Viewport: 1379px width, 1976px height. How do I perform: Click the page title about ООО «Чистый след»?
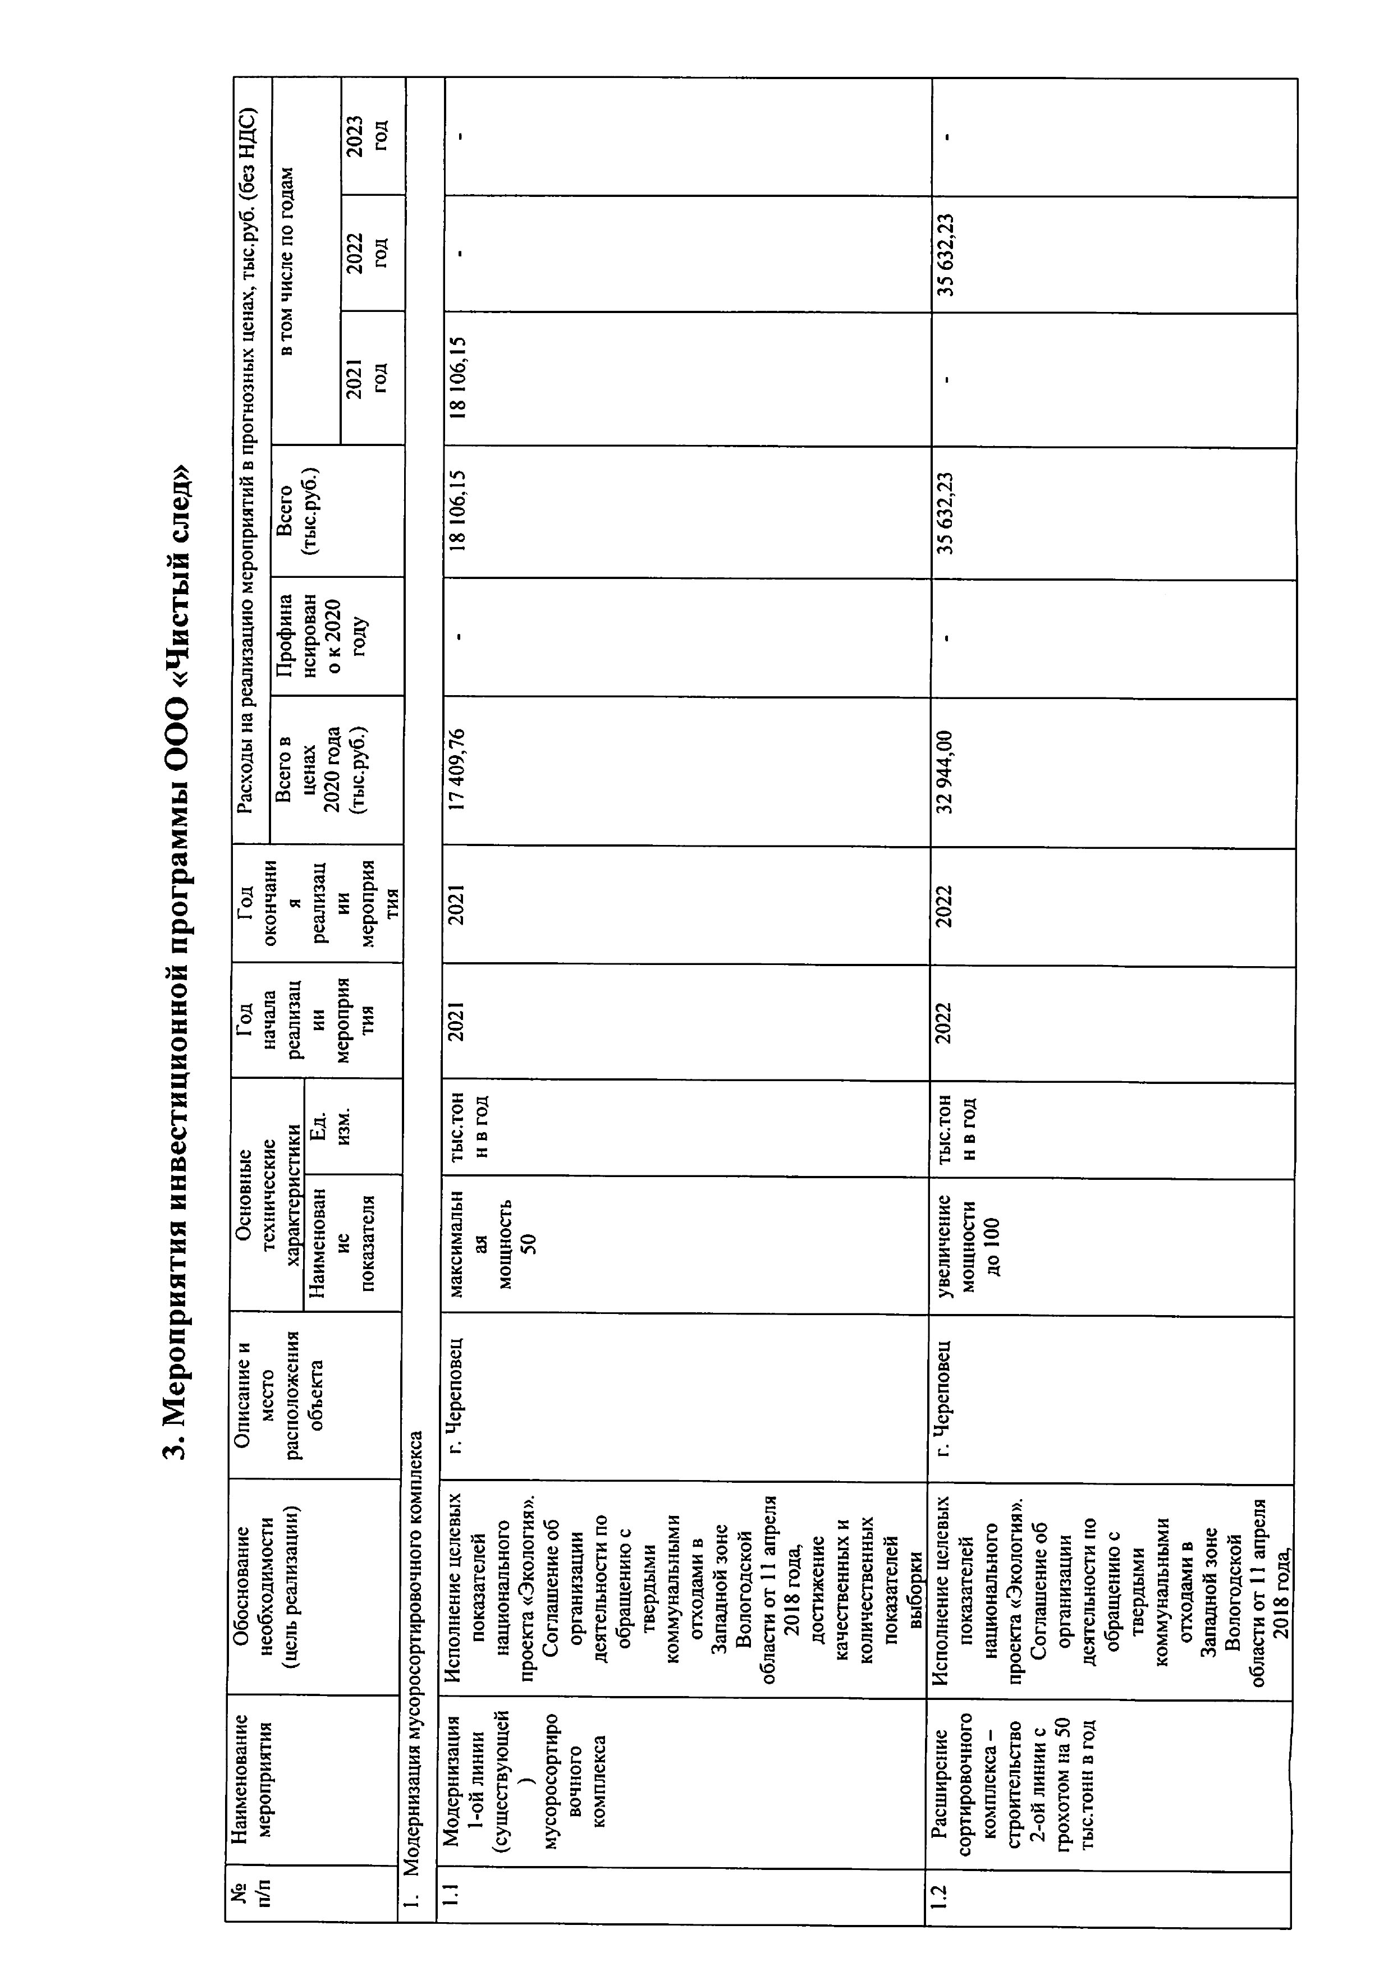176,964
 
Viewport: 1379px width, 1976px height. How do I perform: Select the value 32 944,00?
945,770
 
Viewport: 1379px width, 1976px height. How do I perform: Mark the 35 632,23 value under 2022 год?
945,255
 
